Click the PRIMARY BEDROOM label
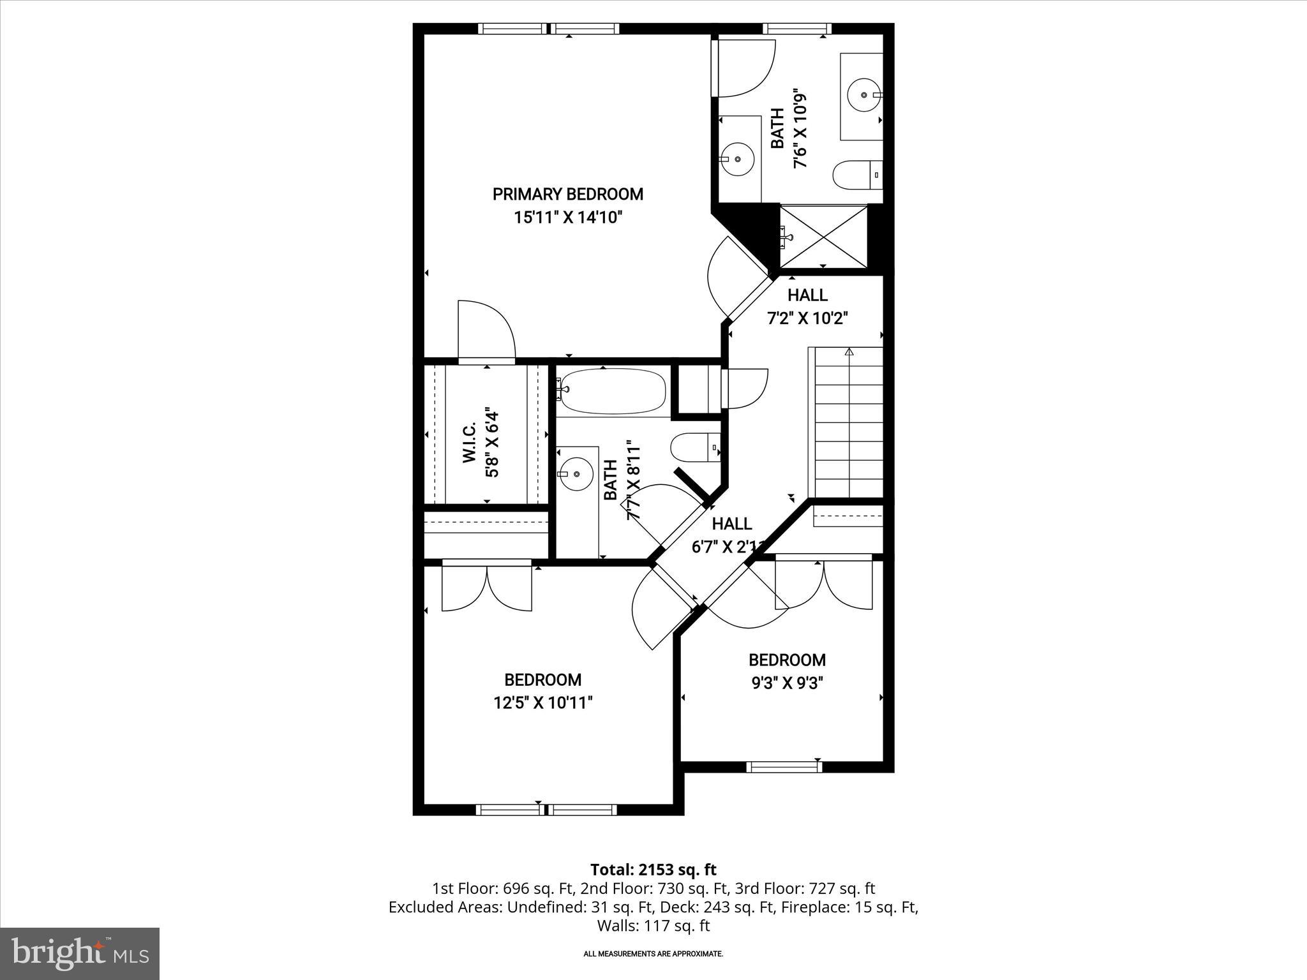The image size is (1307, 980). (567, 194)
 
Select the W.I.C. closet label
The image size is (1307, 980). (469, 442)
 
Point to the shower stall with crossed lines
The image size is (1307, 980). (823, 237)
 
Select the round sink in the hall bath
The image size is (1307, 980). (576, 474)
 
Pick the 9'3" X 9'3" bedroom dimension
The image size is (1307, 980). (787, 683)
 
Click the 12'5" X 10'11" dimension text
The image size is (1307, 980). (542, 703)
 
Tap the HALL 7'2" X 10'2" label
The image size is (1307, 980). (807, 306)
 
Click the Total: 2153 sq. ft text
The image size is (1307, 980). (653, 870)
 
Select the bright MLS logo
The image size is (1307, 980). (80, 954)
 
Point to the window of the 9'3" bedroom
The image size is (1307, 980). (784, 767)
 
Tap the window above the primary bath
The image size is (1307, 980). (796, 29)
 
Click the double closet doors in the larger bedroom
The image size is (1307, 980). (487, 587)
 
